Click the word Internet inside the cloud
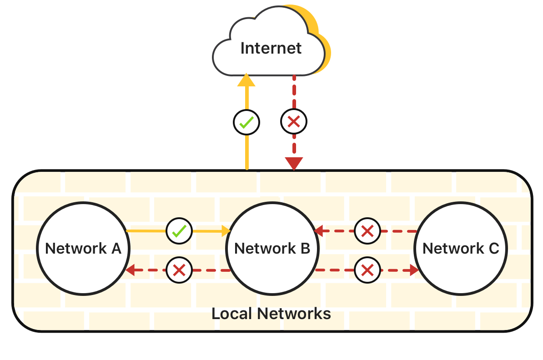[271, 48]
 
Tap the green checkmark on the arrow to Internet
[246, 122]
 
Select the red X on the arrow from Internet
[294, 121]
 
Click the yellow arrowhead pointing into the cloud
[247, 80]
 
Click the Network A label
[83, 249]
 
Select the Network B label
[272, 249]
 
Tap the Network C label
[461, 249]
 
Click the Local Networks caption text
[271, 314]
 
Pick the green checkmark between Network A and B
[179, 231]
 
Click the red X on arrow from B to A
[179, 271]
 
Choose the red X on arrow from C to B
[367, 231]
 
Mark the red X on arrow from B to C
[367, 270]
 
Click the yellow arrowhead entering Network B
[226, 231]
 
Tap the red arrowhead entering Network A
[130, 271]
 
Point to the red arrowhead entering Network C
[413, 270]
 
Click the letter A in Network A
[116, 249]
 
